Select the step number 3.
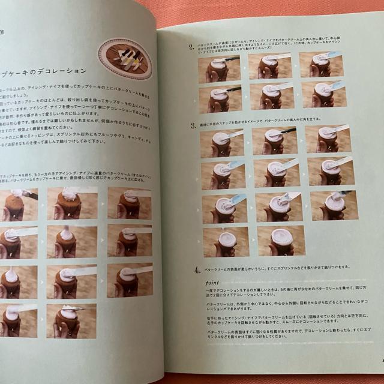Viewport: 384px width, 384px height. coord(193,126)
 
